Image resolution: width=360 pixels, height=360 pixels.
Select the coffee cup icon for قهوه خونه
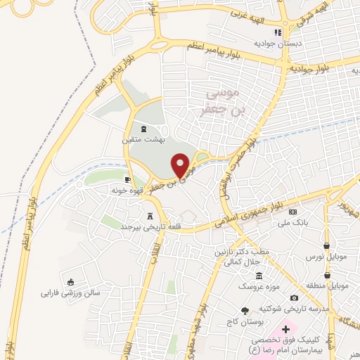(x=127, y=179)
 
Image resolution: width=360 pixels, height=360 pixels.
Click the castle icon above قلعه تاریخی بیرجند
(x=149, y=217)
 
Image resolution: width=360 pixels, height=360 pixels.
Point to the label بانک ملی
(x=293, y=222)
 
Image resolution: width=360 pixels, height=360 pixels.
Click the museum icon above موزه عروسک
(x=259, y=276)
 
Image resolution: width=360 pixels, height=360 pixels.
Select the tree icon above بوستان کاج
(x=245, y=309)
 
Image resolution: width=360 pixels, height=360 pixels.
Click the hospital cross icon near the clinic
(x=285, y=328)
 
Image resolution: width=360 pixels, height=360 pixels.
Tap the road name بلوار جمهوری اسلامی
(x=262, y=210)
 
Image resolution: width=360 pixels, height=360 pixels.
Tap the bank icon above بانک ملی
(x=293, y=212)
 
